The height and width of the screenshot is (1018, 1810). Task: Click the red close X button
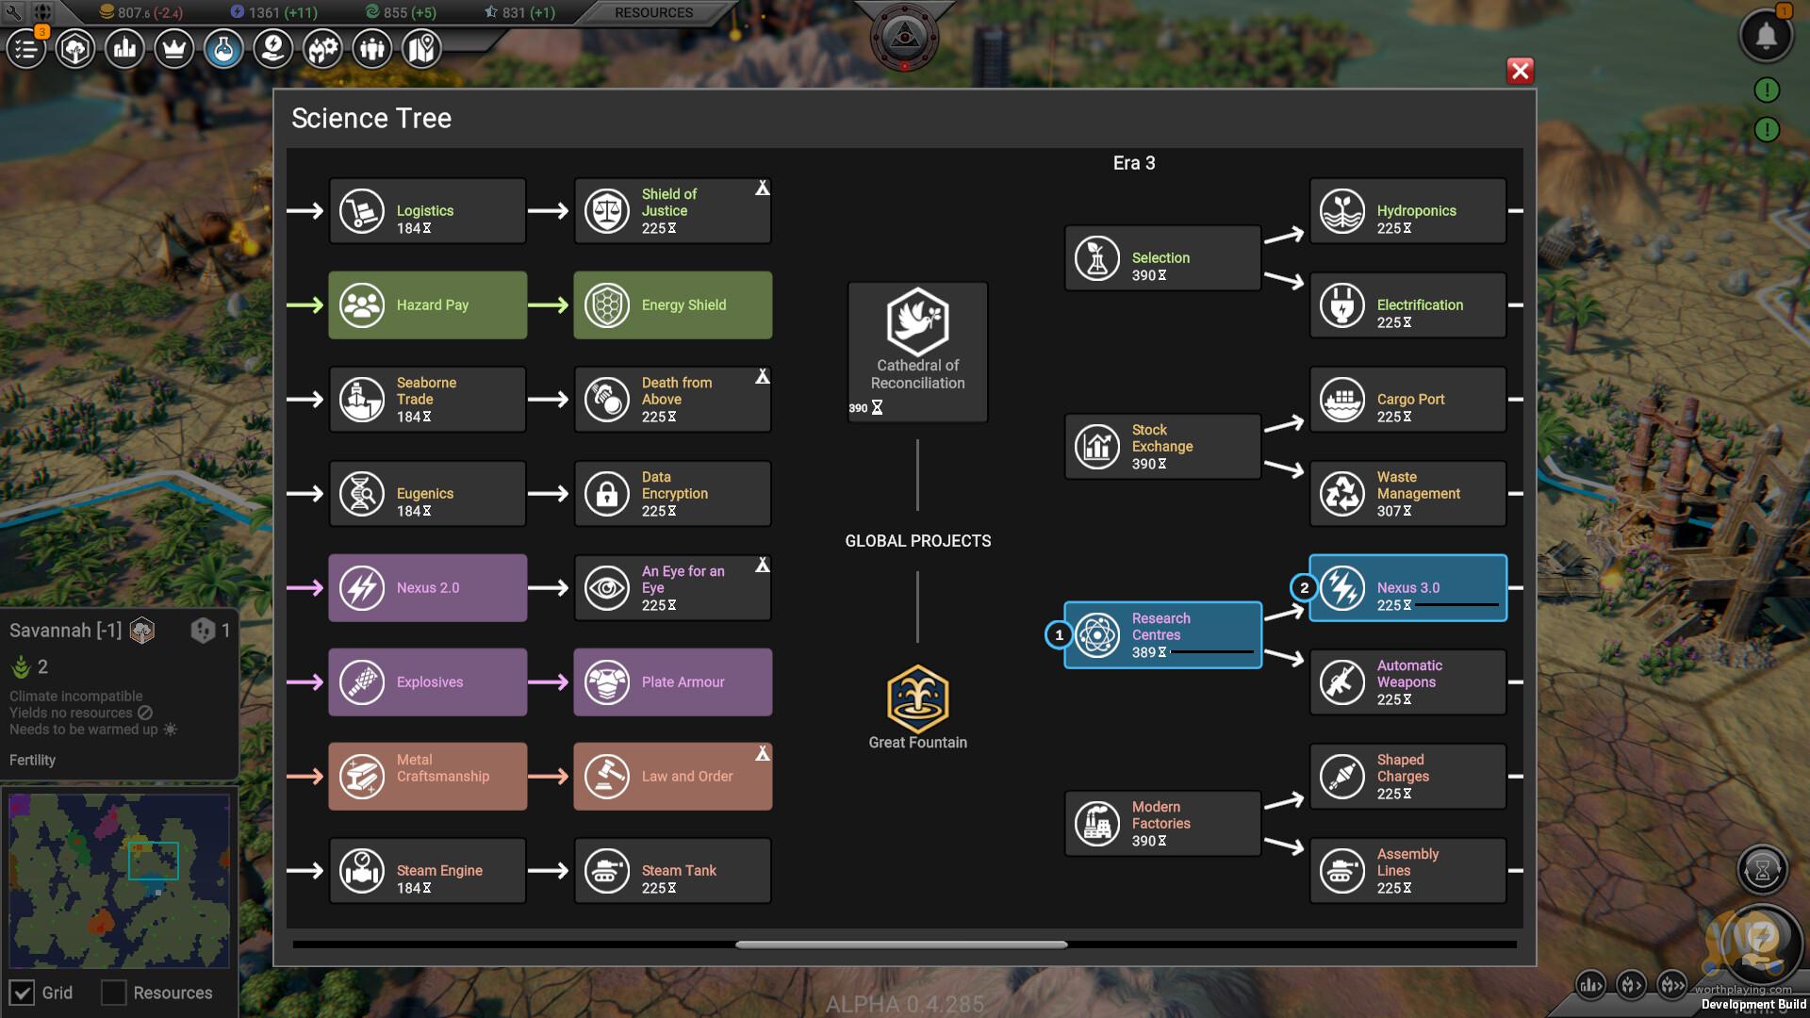1520,71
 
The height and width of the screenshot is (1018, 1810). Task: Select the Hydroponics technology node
1407,211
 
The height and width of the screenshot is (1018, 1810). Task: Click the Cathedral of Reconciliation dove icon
917,320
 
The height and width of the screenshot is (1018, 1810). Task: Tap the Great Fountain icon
917,698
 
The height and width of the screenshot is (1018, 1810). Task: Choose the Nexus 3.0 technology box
1407,588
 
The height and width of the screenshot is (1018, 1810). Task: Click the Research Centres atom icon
1097,635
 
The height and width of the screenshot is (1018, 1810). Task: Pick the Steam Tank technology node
672,871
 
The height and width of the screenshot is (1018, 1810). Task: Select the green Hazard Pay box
427,305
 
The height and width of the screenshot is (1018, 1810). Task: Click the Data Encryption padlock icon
607,494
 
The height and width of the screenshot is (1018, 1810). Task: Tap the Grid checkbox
23,993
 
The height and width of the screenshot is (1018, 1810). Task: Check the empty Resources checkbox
113,993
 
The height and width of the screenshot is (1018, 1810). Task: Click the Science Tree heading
371,118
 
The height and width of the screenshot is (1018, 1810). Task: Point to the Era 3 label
1134,163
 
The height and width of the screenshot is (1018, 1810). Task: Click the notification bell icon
1766,37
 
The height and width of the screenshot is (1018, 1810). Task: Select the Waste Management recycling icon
1342,494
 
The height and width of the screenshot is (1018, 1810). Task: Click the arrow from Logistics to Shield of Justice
548,211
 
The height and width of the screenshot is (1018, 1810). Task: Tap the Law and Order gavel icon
607,777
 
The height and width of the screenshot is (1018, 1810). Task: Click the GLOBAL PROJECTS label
917,541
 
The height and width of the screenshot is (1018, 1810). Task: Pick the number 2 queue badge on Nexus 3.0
1304,588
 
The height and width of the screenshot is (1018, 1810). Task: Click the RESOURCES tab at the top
653,13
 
